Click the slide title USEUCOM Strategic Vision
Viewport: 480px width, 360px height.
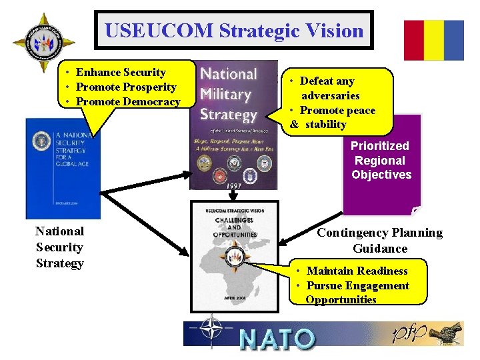click(x=234, y=31)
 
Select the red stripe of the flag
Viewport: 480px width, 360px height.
click(x=413, y=40)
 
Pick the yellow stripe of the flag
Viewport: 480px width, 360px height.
click(x=434, y=40)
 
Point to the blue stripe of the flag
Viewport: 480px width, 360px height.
click(x=454, y=40)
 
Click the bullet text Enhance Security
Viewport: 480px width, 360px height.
click(x=121, y=72)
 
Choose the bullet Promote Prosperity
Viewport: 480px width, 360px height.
click(x=126, y=87)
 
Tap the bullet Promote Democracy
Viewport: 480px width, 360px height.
click(x=128, y=101)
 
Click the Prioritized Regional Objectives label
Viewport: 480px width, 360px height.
click(x=381, y=160)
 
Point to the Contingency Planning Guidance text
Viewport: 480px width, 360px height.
click(x=379, y=240)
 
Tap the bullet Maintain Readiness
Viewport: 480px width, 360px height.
click(x=357, y=271)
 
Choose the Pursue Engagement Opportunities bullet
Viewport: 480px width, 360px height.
click(x=357, y=292)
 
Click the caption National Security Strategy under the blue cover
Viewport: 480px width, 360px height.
click(x=60, y=247)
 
